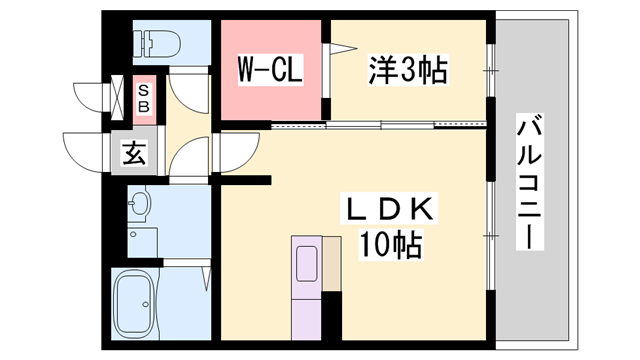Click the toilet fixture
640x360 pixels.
click(160, 43)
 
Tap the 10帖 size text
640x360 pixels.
click(390, 243)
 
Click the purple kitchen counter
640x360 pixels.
click(316, 290)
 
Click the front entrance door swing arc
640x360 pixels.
click(85, 150)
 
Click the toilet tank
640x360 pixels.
click(139, 43)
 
